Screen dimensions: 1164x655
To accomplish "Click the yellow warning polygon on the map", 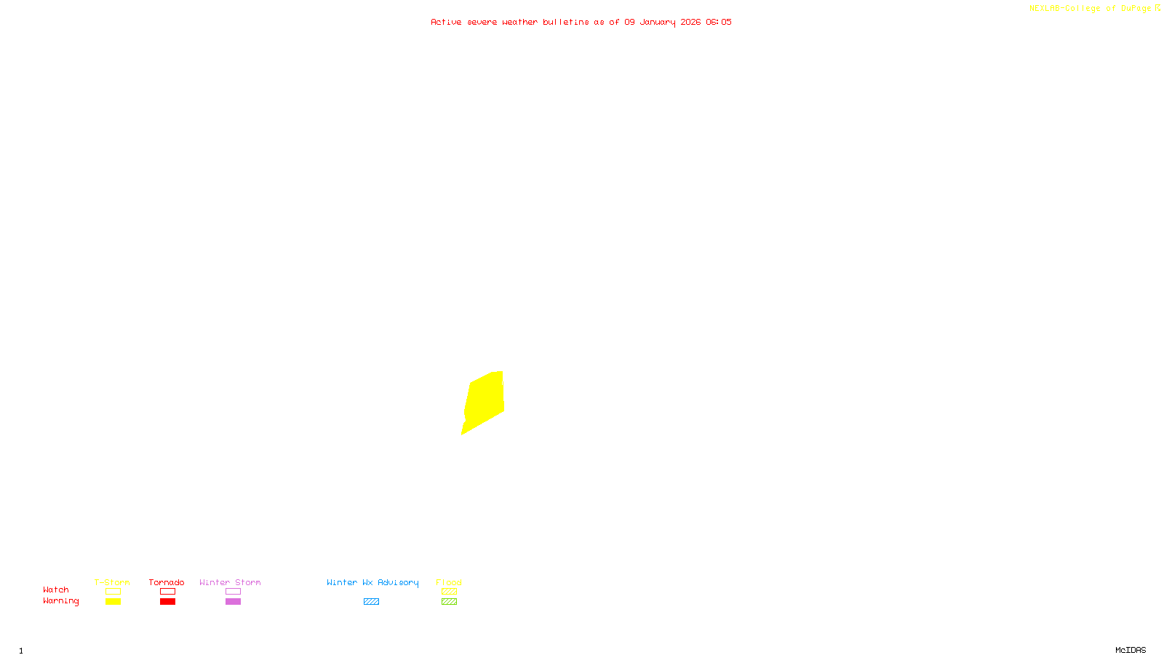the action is tap(485, 401).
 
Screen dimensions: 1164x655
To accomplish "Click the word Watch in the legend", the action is tap(56, 589).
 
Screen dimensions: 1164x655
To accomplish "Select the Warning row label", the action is tap(60, 601).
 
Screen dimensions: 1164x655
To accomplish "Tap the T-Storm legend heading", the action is tap(112, 582).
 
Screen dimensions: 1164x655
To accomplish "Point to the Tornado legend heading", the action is tap(167, 582).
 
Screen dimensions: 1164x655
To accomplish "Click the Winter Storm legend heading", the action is tap(230, 582).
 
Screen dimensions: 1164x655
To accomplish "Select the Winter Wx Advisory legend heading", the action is tap(372, 582).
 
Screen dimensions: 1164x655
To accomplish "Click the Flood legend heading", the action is tap(449, 582).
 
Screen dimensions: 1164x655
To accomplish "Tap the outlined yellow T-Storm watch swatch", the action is tap(113, 592).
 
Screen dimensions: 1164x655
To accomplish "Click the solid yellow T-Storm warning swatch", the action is tap(113, 602).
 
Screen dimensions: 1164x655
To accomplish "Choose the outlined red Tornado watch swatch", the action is tap(167, 592).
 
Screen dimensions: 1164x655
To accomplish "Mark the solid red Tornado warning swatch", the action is tap(167, 602).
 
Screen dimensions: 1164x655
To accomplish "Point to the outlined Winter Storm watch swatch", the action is tap(233, 592).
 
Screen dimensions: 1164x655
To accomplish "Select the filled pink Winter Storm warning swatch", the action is tap(233, 602).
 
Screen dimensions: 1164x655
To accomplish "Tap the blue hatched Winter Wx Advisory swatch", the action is tap(371, 602).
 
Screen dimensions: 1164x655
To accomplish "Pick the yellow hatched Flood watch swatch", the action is tap(449, 592).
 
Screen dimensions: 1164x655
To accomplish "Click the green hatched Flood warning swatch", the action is tap(449, 602).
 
